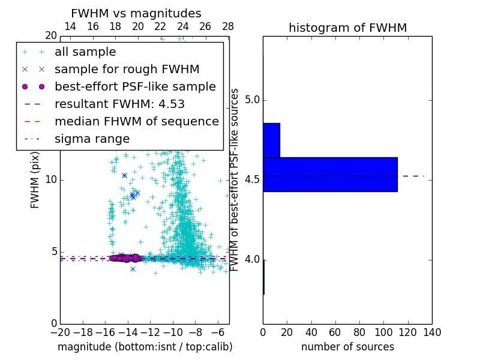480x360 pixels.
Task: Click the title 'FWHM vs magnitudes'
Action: click(136, 14)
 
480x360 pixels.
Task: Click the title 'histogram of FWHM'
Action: click(347, 28)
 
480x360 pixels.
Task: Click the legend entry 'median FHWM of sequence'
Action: click(136, 121)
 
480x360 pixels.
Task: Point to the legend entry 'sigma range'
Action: click(92, 139)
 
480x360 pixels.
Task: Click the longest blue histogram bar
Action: click(330, 174)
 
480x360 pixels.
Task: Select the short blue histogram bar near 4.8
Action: click(271, 140)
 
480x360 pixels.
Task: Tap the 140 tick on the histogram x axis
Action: click(432, 332)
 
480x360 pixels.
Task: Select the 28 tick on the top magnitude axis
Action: click(228, 27)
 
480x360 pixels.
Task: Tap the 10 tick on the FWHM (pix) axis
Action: click(51, 180)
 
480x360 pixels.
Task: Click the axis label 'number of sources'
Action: click(347, 347)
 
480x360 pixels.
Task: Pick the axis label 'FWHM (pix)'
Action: click(35, 179)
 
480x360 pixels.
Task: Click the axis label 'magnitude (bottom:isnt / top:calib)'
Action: click(145, 347)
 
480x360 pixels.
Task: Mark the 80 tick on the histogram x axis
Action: click(359, 332)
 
